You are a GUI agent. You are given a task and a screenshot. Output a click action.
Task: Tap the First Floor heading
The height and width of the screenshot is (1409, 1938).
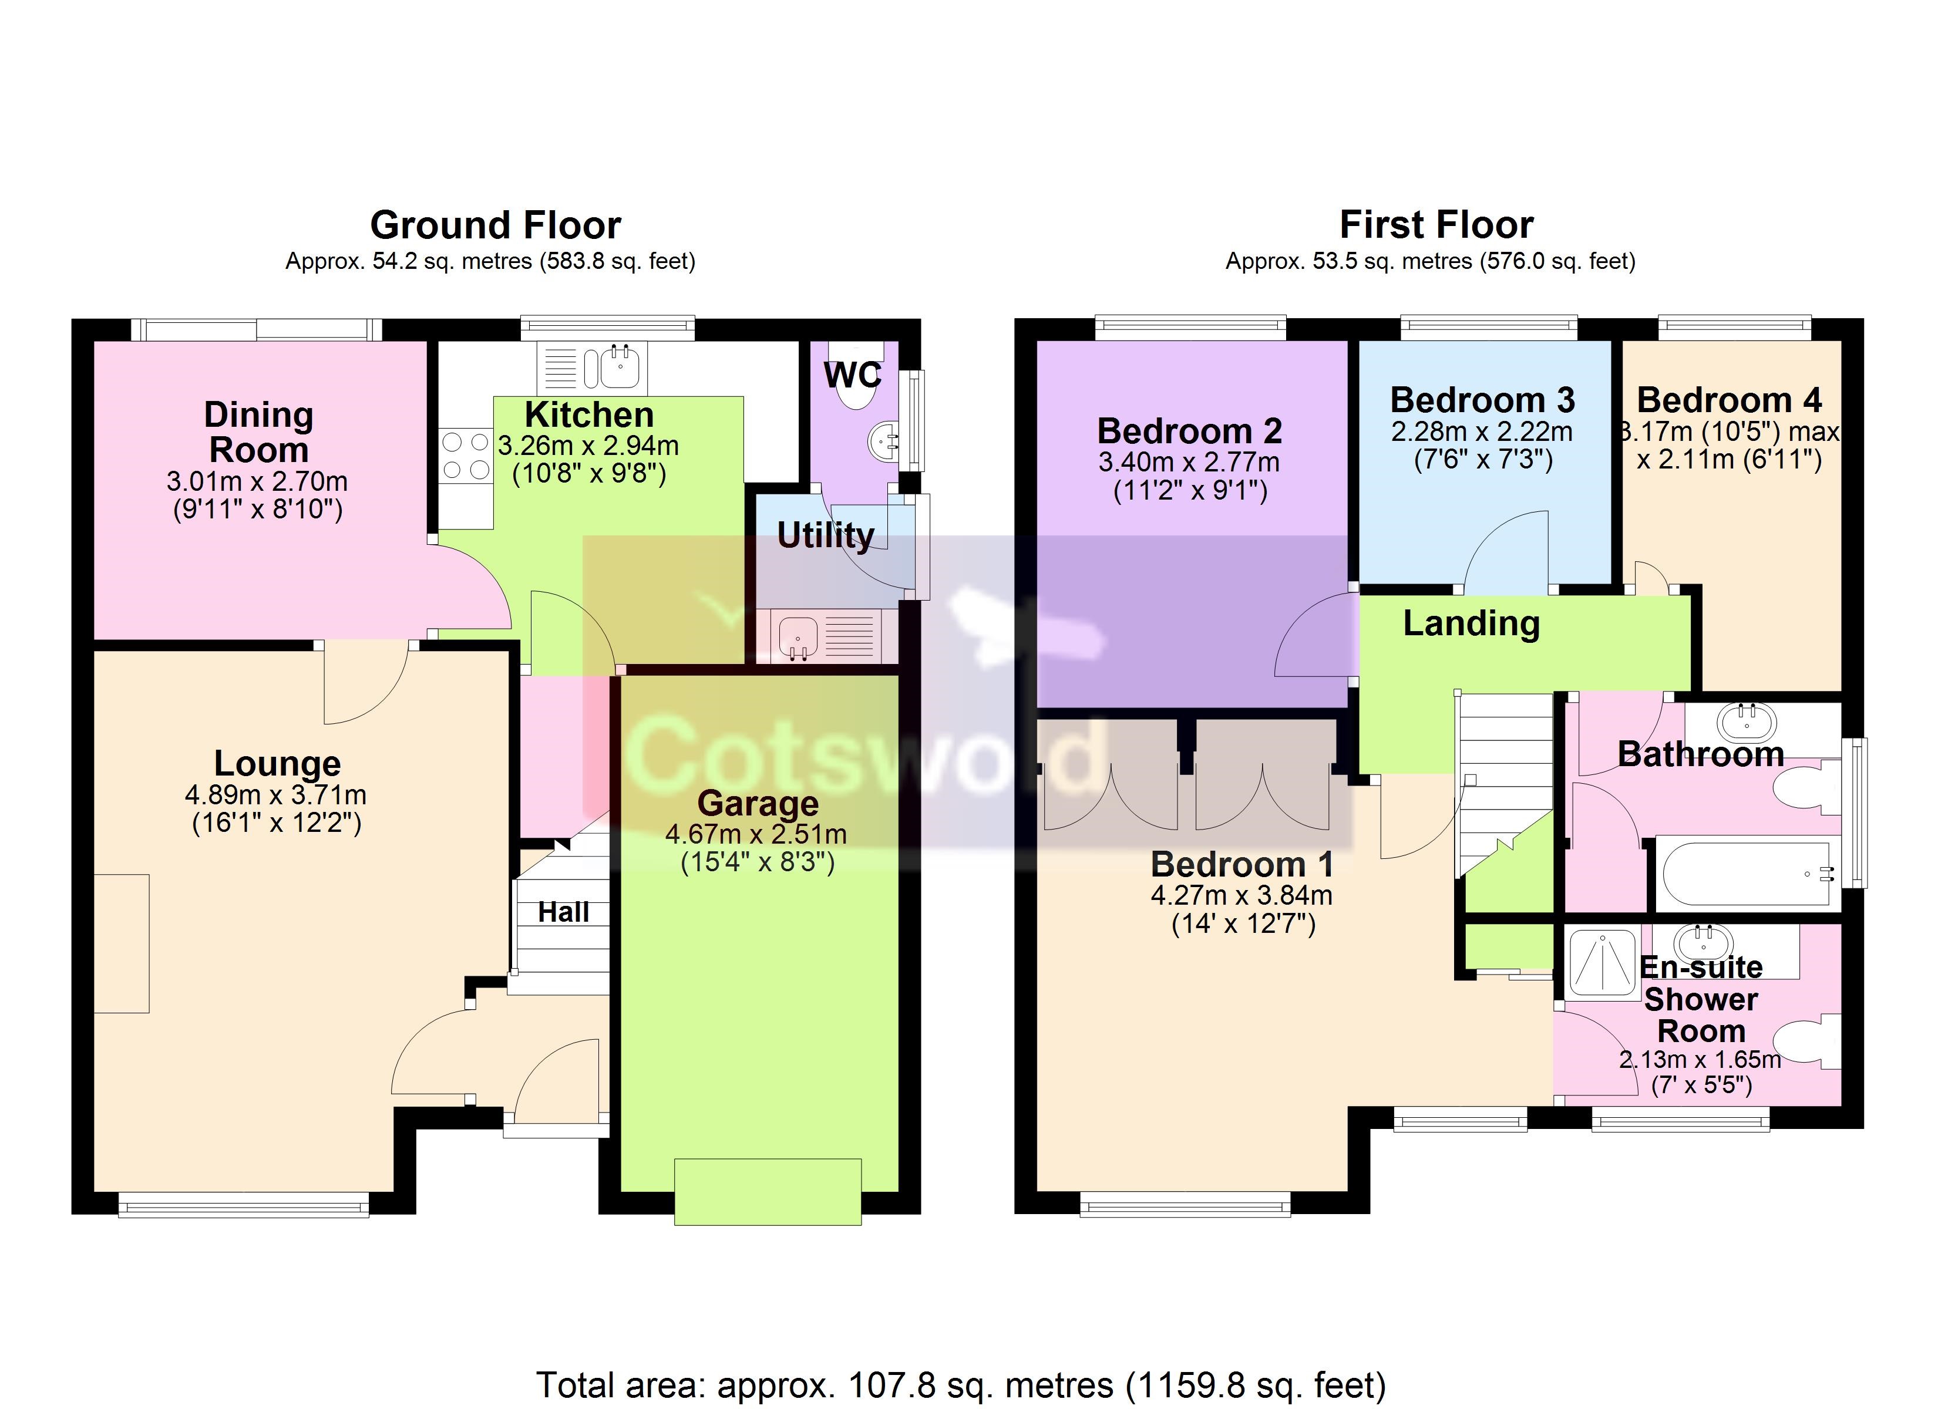pyautogui.click(x=1436, y=225)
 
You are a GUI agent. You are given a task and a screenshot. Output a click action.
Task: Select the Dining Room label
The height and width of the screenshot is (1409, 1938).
pyautogui.click(x=259, y=432)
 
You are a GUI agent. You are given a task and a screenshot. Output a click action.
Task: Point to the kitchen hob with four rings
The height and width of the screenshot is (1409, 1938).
pyautogui.click(x=466, y=456)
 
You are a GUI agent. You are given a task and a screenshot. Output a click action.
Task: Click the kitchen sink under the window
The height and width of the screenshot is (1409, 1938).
pyautogui.click(x=592, y=368)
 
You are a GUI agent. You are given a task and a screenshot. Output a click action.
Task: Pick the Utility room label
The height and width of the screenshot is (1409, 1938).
pyautogui.click(x=826, y=536)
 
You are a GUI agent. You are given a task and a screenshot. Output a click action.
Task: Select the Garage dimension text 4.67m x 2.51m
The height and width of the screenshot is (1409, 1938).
pyautogui.click(x=756, y=834)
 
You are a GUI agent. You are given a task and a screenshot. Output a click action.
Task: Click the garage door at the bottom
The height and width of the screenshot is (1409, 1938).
pyautogui.click(x=768, y=1191)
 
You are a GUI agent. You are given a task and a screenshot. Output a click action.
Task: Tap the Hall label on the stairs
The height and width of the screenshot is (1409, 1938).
pyautogui.click(x=563, y=912)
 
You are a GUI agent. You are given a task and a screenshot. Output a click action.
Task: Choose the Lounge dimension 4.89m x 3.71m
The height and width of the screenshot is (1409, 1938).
pyautogui.click(x=276, y=795)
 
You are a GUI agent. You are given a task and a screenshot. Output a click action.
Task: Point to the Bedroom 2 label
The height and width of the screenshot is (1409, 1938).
pyautogui.click(x=1189, y=431)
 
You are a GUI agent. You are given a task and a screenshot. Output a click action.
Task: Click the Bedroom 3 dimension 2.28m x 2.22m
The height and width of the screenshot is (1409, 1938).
pyautogui.click(x=1482, y=432)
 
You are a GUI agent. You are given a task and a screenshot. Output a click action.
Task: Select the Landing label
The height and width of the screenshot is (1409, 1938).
pyautogui.click(x=1472, y=623)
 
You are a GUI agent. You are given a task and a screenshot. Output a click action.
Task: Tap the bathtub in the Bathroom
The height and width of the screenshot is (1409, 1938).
pyautogui.click(x=1748, y=873)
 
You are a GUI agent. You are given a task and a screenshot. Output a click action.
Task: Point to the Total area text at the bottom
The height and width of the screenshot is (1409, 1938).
pyautogui.click(x=961, y=1385)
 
